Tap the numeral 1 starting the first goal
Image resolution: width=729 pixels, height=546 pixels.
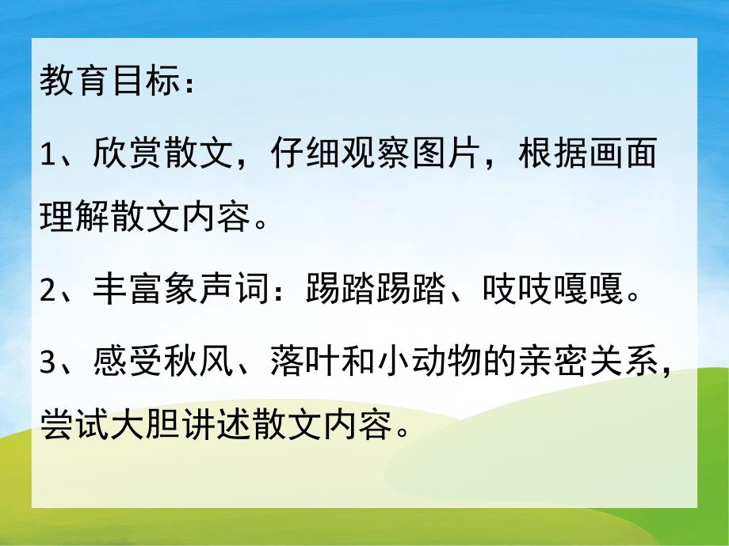point(47,154)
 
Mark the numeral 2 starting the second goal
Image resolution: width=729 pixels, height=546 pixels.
point(48,295)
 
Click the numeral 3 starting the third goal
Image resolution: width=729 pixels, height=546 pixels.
point(48,366)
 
